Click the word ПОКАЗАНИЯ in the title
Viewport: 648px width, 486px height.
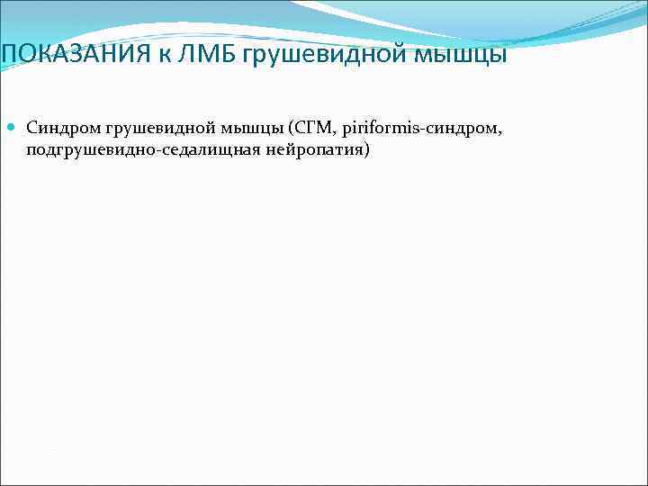coord(74,55)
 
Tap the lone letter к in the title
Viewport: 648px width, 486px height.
coord(166,55)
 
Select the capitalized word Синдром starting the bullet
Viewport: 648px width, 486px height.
coord(58,130)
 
